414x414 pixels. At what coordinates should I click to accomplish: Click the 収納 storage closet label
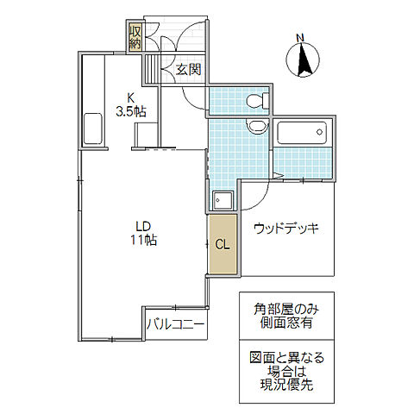coord(135,39)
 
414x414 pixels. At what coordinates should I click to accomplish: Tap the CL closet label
coord(222,245)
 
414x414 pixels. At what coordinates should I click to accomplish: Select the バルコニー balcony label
coord(175,325)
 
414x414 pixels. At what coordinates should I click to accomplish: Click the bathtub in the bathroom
coord(302,135)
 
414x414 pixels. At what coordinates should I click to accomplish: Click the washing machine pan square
coord(226,200)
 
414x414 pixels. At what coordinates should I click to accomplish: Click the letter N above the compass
coord(301,37)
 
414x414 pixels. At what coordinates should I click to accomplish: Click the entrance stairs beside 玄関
coord(152,69)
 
